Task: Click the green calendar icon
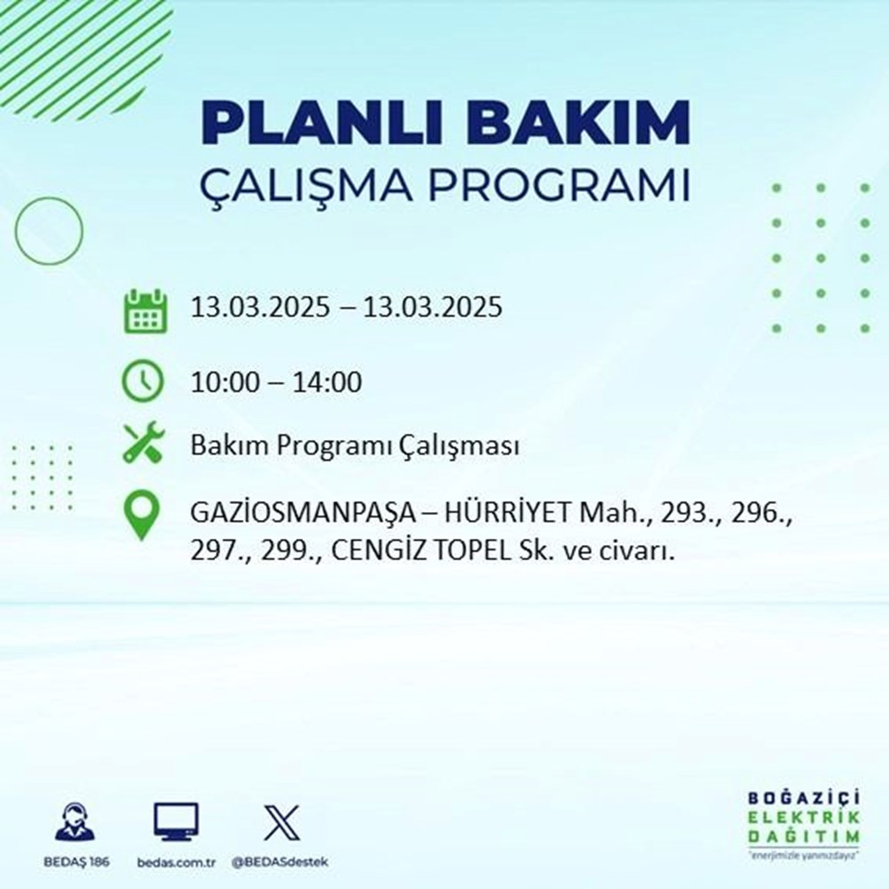(143, 309)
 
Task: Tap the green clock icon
(143, 382)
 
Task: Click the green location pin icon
(143, 516)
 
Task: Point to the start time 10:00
(225, 383)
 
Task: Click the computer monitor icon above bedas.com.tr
(176, 823)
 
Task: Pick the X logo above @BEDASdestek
(282, 823)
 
